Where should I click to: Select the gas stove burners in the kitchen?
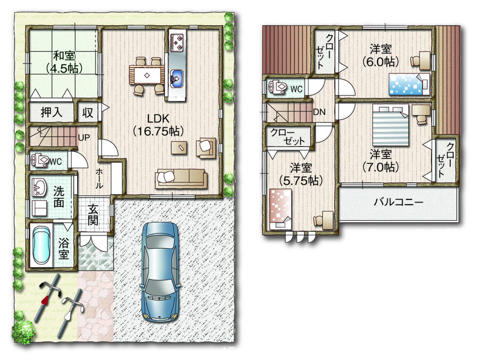(x=177, y=42)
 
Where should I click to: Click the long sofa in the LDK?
(x=181, y=177)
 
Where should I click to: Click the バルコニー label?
(x=398, y=202)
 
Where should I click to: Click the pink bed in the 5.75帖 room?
(x=279, y=207)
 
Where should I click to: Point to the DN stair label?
(x=319, y=112)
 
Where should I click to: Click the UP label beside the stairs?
(x=84, y=137)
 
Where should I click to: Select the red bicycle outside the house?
(x=48, y=300)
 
